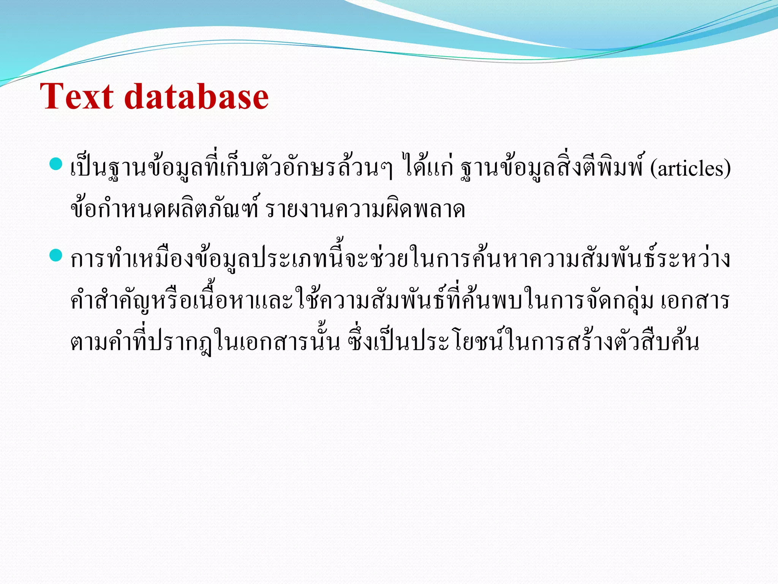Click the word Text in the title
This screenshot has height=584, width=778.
click(x=76, y=97)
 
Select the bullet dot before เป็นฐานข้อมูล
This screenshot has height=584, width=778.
click(x=55, y=164)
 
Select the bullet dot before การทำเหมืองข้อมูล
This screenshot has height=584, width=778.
click(x=55, y=255)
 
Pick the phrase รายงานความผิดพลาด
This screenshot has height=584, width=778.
click(x=365, y=209)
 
